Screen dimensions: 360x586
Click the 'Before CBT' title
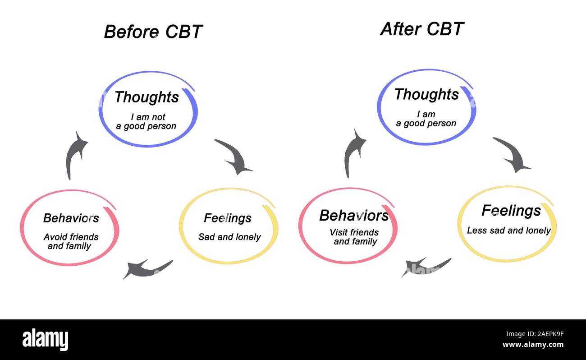pyautogui.click(x=153, y=32)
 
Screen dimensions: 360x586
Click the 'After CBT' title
pyautogui.click(x=422, y=29)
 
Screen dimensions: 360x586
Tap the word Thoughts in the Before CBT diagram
pyautogui.click(x=146, y=97)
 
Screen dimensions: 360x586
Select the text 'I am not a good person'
pyautogui.click(x=146, y=122)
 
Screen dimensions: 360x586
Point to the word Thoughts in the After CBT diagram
pyautogui.click(x=426, y=94)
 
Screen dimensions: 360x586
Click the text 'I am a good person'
pyautogui.click(x=426, y=119)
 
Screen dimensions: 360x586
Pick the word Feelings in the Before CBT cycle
pyautogui.click(x=228, y=218)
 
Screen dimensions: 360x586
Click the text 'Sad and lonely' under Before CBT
pyautogui.click(x=229, y=237)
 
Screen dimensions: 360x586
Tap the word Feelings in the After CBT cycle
pyautogui.click(x=511, y=211)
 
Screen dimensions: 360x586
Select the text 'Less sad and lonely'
pyautogui.click(x=509, y=231)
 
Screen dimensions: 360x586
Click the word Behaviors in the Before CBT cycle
pyautogui.click(x=71, y=218)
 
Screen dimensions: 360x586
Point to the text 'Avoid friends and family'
pyautogui.click(x=71, y=241)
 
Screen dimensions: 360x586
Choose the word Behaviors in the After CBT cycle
pyautogui.click(x=354, y=216)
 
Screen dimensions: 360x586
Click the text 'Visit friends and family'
pyautogui.click(x=354, y=237)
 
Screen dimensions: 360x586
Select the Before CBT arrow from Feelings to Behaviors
pyautogui.click(x=146, y=269)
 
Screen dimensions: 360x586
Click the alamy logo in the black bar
pyautogui.click(x=45, y=339)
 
